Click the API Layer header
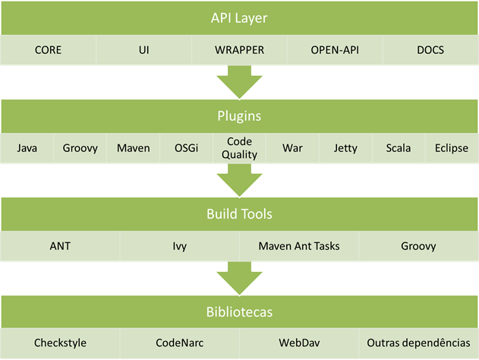pyautogui.click(x=239, y=17)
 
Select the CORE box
pyautogui.click(x=48, y=51)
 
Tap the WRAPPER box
pyautogui.click(x=239, y=51)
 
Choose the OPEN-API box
pyautogui.click(x=335, y=51)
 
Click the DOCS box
pyautogui.click(x=430, y=51)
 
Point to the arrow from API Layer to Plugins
pyautogui.click(x=239, y=81)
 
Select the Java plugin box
pyautogui.click(x=27, y=148)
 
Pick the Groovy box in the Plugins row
pyautogui.click(x=80, y=148)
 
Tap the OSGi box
pyautogui.click(x=186, y=148)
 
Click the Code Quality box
pyautogui.click(x=239, y=148)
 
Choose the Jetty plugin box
pyautogui.click(x=345, y=148)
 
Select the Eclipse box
pyautogui.click(x=452, y=148)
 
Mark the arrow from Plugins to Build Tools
pyautogui.click(x=239, y=180)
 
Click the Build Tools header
pyautogui.click(x=239, y=215)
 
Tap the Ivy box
pyautogui.click(x=179, y=246)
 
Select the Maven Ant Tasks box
pyautogui.click(x=299, y=246)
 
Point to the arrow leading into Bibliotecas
pyautogui.click(x=239, y=277)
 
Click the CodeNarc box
pyautogui.click(x=179, y=343)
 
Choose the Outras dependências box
pyautogui.click(x=418, y=343)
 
